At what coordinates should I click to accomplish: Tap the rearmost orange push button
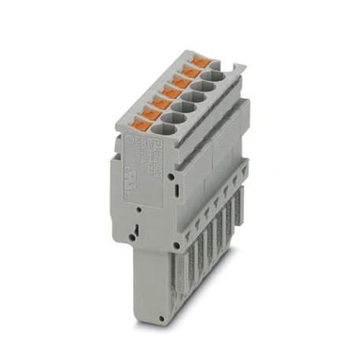[200, 61]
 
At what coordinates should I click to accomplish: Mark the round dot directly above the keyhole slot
[138, 211]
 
